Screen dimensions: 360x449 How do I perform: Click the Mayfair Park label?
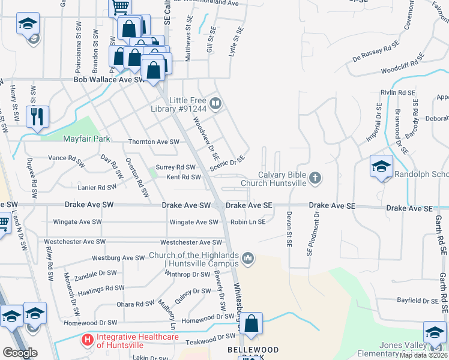(x=87, y=139)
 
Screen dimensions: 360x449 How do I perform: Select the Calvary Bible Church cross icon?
(x=316, y=178)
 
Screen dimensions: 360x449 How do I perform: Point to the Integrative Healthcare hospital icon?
(x=88, y=340)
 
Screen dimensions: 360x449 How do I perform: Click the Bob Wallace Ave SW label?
(x=109, y=79)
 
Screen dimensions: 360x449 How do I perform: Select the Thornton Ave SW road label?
(x=154, y=142)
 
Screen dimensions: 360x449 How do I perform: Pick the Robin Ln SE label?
(x=247, y=222)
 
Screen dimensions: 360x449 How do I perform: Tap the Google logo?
(x=20, y=353)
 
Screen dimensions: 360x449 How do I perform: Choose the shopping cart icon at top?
(x=120, y=7)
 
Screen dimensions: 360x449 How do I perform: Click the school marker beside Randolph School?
(x=381, y=167)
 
